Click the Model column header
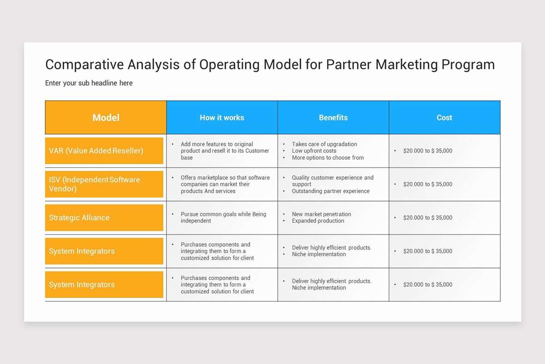point(106,117)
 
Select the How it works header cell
point(222,117)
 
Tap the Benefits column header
point(333,117)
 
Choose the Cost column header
point(444,117)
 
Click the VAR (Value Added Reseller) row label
point(96,151)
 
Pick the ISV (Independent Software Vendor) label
point(94,184)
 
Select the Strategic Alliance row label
point(79,217)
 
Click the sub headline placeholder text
point(89,83)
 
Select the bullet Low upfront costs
point(314,151)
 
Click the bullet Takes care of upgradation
point(324,144)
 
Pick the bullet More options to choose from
point(327,157)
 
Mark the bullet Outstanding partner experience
point(331,191)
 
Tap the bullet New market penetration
point(321,214)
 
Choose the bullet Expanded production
point(318,221)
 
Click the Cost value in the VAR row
point(427,151)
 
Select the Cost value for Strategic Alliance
point(427,217)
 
